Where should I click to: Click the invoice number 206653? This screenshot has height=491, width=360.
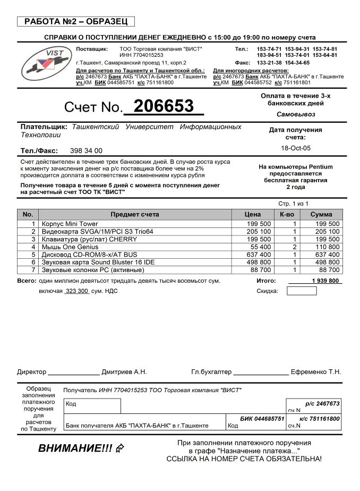[x=164, y=106]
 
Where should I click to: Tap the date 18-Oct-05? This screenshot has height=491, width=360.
[x=296, y=148]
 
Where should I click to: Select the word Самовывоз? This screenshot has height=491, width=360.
[x=296, y=114]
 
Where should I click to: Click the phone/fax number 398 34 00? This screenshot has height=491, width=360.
[x=86, y=151]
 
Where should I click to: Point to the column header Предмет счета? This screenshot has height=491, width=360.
[x=135, y=215]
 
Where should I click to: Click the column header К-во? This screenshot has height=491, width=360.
[x=287, y=215]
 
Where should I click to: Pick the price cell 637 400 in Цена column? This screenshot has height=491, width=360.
[x=259, y=255]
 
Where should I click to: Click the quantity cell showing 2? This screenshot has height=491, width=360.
[x=294, y=247]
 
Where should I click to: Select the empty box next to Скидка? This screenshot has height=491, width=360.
[x=301, y=291]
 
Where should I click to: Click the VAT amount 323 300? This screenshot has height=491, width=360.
[x=76, y=291]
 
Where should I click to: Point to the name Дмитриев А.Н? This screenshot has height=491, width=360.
[x=124, y=372]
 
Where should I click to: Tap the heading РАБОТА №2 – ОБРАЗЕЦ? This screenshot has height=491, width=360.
[x=76, y=22]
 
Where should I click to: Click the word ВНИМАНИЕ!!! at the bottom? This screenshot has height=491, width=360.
[x=75, y=448]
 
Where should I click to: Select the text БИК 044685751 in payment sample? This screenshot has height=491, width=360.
[x=262, y=419]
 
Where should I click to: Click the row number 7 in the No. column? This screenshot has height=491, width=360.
[x=33, y=270]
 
